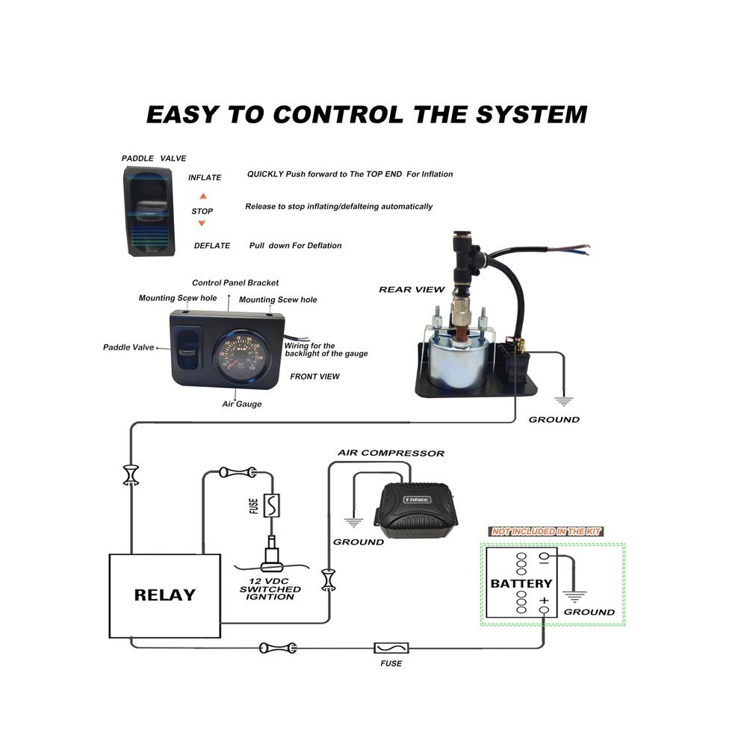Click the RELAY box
point(164,595)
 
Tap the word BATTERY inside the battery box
point(521,583)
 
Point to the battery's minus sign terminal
point(544,556)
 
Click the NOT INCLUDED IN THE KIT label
point(545,531)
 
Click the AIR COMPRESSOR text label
point(391,453)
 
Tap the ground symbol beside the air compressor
point(353,521)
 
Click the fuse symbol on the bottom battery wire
point(391,648)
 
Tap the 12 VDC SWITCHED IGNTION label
point(270,589)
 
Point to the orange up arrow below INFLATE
point(202,196)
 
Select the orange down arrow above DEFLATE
point(202,224)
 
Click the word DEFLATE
point(212,246)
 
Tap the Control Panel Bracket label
point(235,283)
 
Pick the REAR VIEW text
point(412,289)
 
